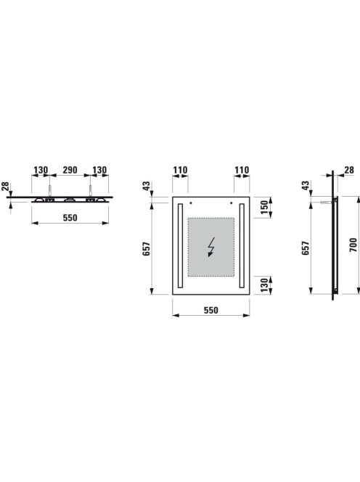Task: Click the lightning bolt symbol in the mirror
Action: [211, 248]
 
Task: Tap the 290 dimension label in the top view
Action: [70, 170]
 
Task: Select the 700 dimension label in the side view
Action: [353, 245]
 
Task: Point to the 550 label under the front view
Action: [211, 310]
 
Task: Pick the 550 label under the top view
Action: [70, 218]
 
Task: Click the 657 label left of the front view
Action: [147, 248]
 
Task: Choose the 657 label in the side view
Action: [306, 248]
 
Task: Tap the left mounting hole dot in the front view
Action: [191, 203]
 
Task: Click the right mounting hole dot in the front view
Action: [231, 203]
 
